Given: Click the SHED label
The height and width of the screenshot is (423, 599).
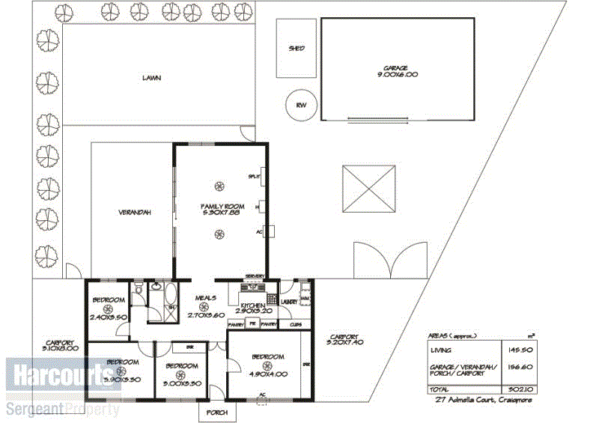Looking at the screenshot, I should click(x=297, y=49).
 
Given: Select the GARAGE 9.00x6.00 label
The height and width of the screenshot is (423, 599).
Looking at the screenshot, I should click(x=397, y=72).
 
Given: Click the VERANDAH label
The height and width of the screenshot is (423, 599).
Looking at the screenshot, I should click(x=135, y=212).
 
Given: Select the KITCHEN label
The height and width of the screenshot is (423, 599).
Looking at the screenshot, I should click(x=252, y=305).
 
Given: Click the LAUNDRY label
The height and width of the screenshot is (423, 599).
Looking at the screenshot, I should click(x=290, y=302).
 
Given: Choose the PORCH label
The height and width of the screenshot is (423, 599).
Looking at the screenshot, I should click(x=216, y=413).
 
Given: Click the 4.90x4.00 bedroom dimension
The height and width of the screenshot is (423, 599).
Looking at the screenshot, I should click(x=267, y=374).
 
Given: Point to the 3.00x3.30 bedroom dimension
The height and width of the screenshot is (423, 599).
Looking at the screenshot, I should click(x=182, y=384).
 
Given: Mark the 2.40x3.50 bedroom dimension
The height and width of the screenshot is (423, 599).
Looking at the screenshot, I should click(x=109, y=317).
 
